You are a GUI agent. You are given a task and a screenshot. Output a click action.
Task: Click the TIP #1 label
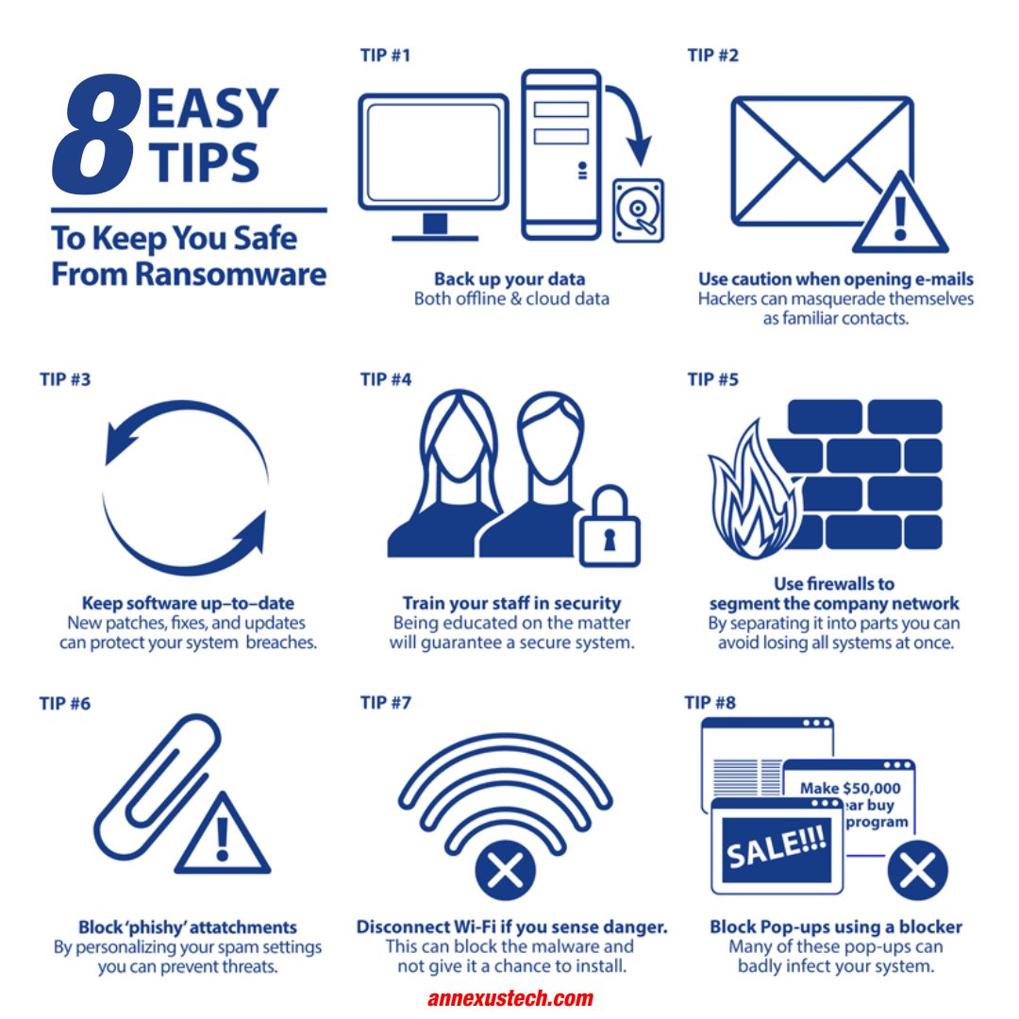coord(385,56)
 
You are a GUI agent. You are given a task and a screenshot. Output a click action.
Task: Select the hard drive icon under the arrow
coord(638,209)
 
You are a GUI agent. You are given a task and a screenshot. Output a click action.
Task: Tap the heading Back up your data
coord(509,278)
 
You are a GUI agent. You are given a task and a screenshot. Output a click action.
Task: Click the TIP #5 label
coord(713,379)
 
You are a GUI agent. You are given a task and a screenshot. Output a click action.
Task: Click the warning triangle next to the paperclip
coord(223,835)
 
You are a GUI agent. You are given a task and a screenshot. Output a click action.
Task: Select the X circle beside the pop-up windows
coord(916,868)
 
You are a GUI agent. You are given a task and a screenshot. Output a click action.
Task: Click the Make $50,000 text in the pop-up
coord(849,788)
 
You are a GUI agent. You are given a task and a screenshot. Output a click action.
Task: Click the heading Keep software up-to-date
coord(188,603)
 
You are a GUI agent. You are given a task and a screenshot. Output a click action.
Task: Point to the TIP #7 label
coord(386,703)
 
